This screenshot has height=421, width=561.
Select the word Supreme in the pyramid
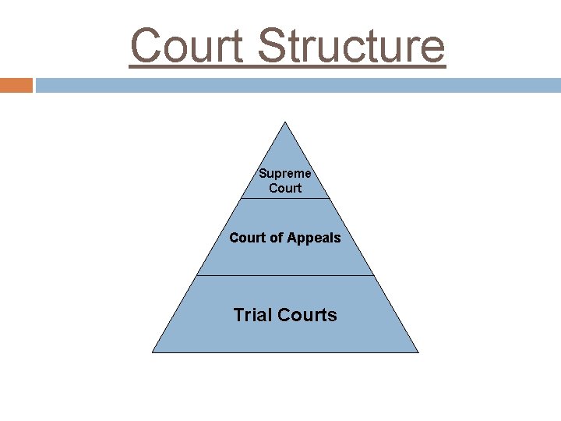285,173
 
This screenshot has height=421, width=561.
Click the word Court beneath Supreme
285,188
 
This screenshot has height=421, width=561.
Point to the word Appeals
315,238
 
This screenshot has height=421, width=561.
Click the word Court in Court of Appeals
247,238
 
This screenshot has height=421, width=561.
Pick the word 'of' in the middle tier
277,238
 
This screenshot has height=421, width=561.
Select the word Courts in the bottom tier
307,315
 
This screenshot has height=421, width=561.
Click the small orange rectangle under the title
16,85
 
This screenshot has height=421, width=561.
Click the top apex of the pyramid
285,122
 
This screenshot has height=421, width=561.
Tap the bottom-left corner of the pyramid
153,352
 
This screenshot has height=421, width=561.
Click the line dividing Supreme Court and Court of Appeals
285,198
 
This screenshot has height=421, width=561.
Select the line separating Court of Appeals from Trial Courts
285,275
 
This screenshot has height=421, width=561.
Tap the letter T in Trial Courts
238,315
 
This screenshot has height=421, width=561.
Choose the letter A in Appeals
295,238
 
